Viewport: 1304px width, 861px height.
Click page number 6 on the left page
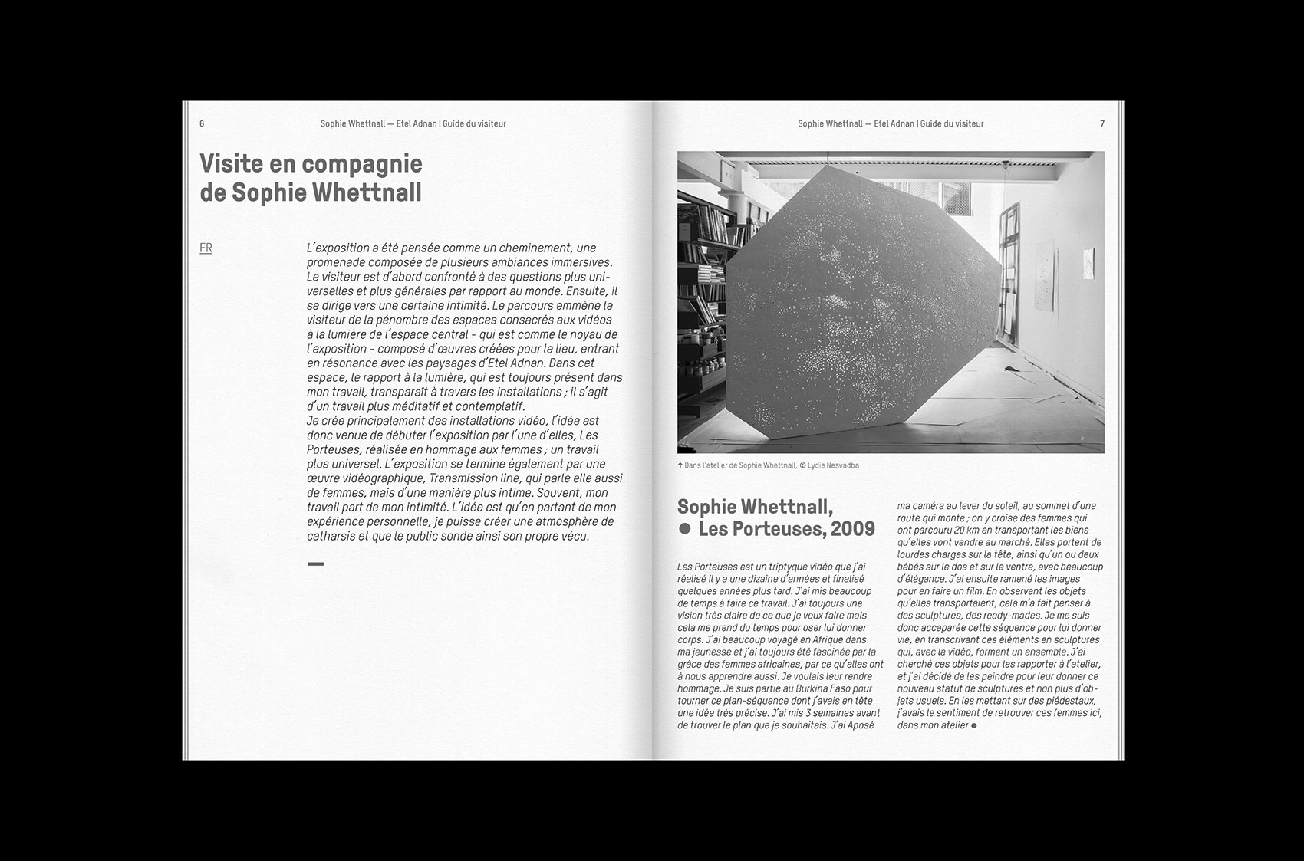pos(202,124)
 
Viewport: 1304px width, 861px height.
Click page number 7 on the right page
pos(1102,124)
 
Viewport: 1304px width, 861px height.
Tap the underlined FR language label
pos(206,248)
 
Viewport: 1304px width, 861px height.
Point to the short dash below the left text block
pos(315,564)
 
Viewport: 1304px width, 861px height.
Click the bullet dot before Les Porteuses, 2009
pos(685,529)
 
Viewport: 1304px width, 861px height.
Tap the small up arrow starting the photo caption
pos(680,465)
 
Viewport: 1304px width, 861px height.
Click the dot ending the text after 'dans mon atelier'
pos(974,725)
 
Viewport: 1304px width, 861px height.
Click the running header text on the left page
pos(413,124)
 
